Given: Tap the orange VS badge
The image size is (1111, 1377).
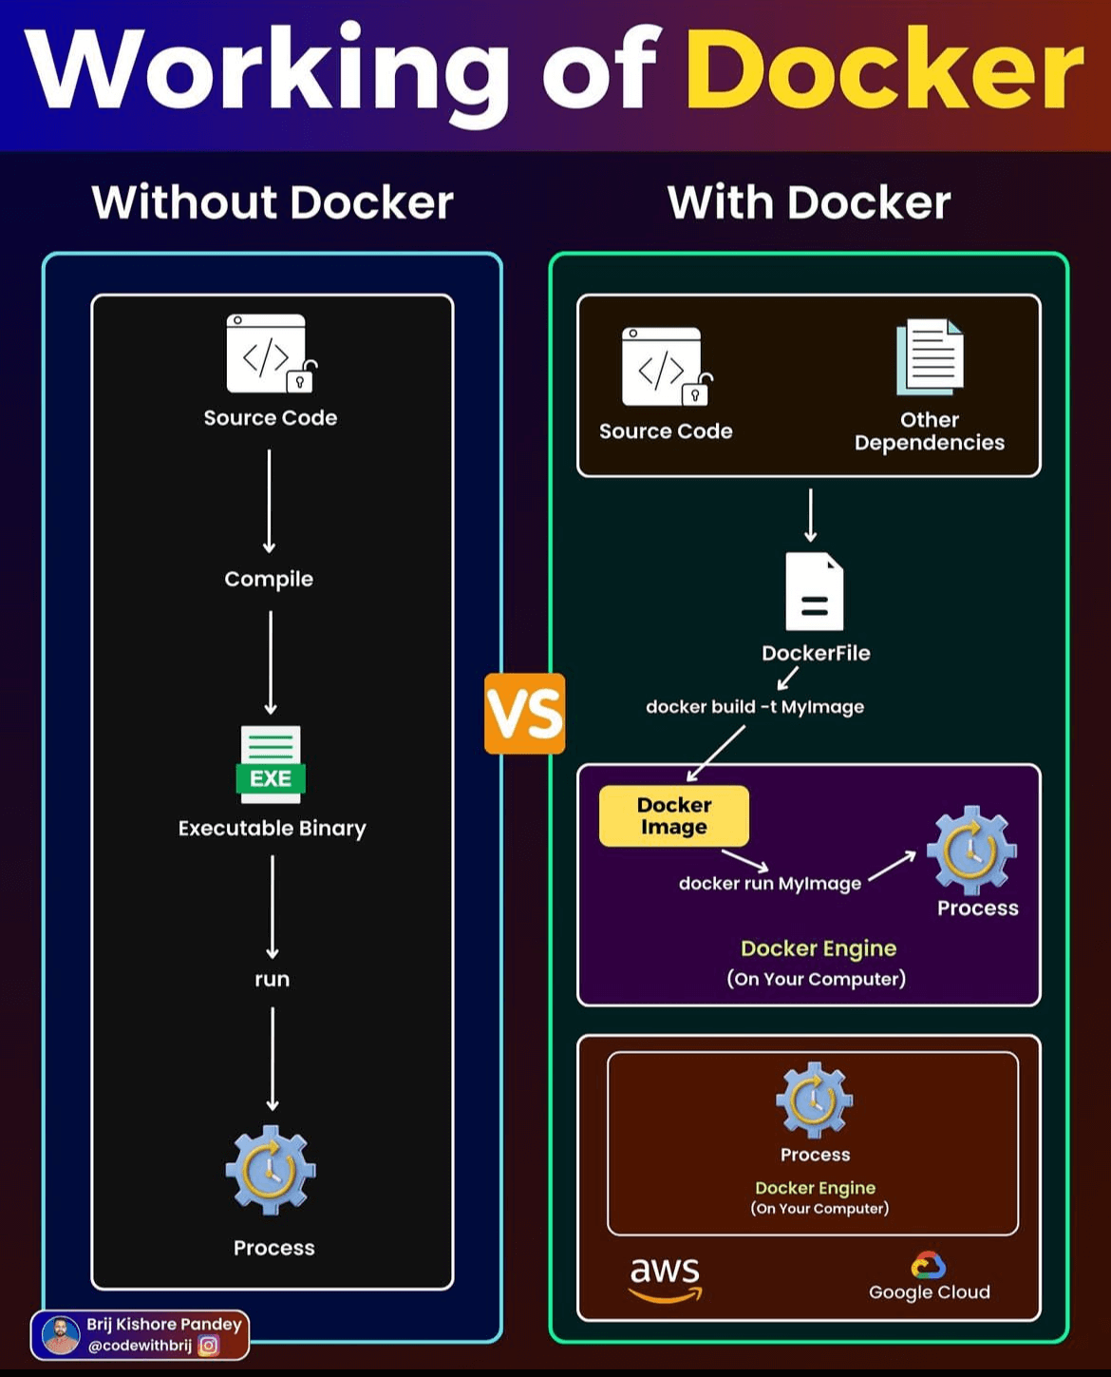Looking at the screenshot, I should pyautogui.click(x=524, y=714).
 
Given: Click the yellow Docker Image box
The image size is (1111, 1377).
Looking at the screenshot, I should pyautogui.click(x=674, y=815).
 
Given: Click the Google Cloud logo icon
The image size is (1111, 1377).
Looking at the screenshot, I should pyautogui.click(x=928, y=1265).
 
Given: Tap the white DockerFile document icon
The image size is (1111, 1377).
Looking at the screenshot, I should pyautogui.click(x=814, y=591).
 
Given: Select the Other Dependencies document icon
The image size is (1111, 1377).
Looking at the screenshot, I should pyautogui.click(x=930, y=357).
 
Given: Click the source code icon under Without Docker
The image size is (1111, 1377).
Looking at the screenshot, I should pyautogui.click(x=269, y=354).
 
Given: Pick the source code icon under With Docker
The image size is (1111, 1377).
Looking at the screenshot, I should pyautogui.click(x=665, y=367).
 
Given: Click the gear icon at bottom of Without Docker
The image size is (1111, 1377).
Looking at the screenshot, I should pyautogui.click(x=271, y=1170).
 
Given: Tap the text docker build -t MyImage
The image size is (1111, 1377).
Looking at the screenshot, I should pyautogui.click(x=755, y=706).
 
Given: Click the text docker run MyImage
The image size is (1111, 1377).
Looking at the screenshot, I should pyautogui.click(x=770, y=883).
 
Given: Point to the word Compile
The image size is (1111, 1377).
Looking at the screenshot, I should pyautogui.click(x=269, y=579).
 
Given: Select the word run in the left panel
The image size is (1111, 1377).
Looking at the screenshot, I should pyautogui.click(x=272, y=979).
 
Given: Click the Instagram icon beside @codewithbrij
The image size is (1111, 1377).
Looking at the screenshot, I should pyautogui.click(x=209, y=1346).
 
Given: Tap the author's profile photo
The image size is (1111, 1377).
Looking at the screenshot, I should pyautogui.click(x=61, y=1335).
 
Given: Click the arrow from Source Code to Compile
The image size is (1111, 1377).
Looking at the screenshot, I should pyautogui.click(x=269, y=501).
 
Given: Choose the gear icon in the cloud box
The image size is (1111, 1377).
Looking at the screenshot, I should pyautogui.click(x=814, y=1100).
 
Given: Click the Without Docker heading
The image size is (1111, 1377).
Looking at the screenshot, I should pyautogui.click(x=273, y=202).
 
